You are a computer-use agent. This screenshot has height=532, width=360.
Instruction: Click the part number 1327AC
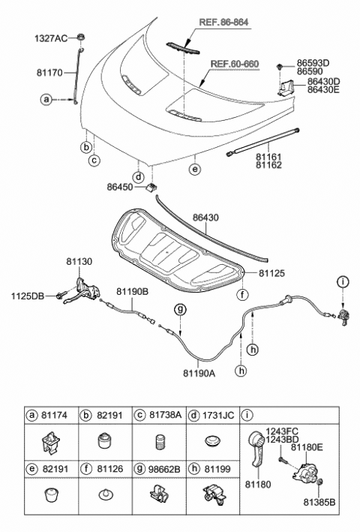[x=49, y=37]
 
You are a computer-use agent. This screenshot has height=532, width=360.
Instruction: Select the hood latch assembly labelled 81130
[x=82, y=290]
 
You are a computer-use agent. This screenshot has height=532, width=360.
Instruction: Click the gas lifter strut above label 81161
[x=262, y=142]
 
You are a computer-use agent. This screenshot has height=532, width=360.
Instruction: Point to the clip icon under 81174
[x=51, y=442]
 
